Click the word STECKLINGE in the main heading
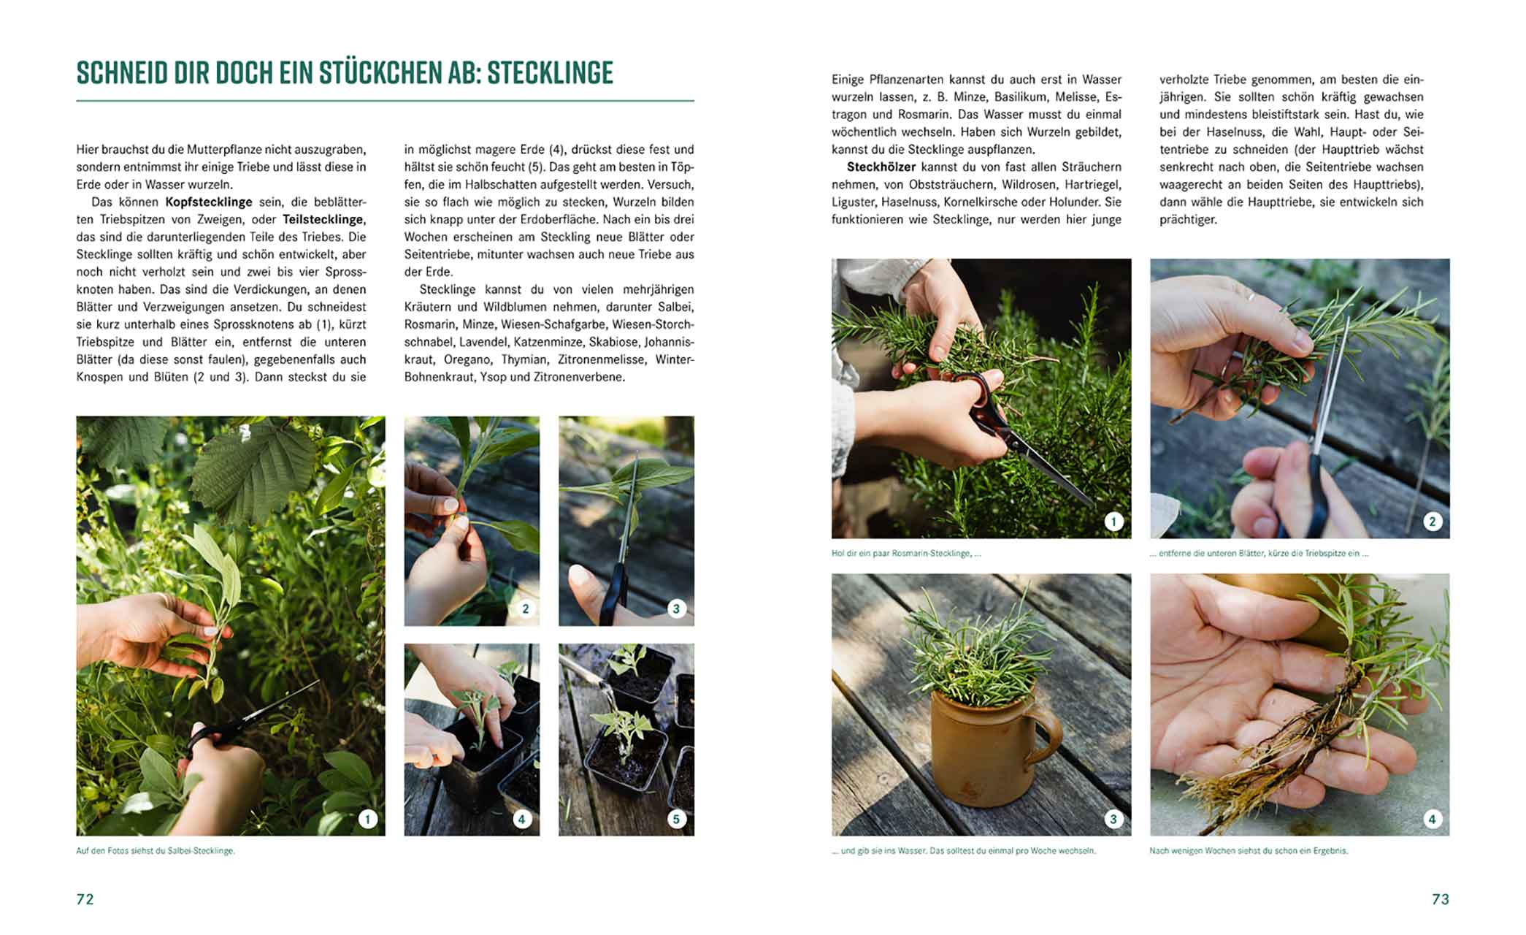point(550,73)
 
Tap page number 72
point(85,899)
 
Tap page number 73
point(1440,899)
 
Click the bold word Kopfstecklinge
point(209,202)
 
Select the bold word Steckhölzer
point(881,167)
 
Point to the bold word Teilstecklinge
point(323,220)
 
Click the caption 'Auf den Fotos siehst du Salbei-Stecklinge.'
point(156,851)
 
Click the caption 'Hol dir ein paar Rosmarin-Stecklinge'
point(905,554)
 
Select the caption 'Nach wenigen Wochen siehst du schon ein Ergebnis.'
point(1249,851)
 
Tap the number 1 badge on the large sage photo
point(367,819)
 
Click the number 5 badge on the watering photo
point(676,819)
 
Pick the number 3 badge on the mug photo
point(1113,819)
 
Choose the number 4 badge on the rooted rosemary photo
point(1432,819)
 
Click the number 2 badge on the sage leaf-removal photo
point(525,608)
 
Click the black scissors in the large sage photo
point(241,723)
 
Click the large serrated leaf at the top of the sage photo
point(252,467)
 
